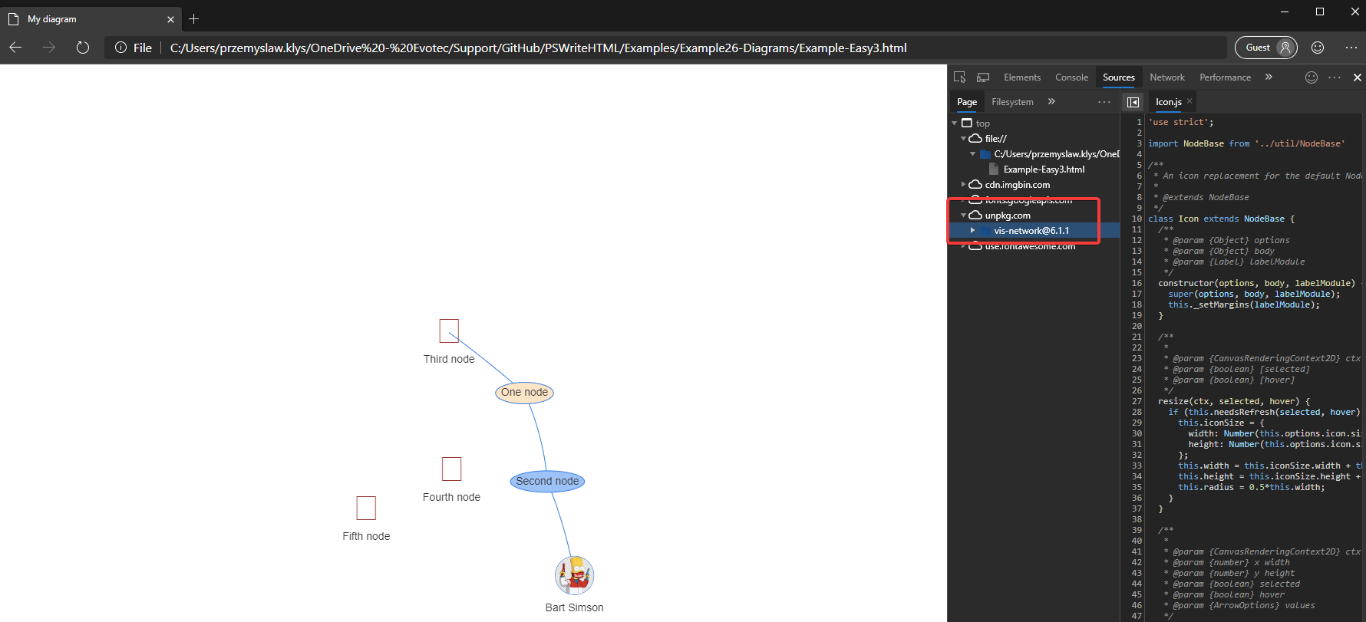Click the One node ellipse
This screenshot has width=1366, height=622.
click(524, 393)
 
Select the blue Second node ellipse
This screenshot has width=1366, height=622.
click(547, 482)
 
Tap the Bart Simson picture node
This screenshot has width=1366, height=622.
click(575, 575)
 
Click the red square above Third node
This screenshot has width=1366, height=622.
click(449, 331)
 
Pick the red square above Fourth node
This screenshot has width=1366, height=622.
click(451, 469)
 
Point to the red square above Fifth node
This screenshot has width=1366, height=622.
click(366, 508)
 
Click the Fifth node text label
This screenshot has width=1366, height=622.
click(366, 537)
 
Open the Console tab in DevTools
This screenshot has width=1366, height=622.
click(1071, 77)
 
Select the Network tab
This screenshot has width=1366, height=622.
click(1166, 77)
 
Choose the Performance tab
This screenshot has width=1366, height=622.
click(1225, 77)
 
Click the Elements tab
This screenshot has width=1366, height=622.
click(1022, 77)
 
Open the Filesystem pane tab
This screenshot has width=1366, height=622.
click(1012, 102)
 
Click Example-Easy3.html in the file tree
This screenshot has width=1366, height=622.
click(1044, 169)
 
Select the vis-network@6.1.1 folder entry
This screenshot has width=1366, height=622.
click(1031, 231)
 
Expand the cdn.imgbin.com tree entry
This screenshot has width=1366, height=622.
click(964, 185)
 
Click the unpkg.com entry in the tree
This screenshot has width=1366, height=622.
click(1008, 216)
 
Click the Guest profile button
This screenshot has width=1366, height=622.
click(1265, 48)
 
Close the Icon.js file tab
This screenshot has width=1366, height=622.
click(1189, 101)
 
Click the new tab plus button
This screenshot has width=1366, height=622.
click(194, 19)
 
